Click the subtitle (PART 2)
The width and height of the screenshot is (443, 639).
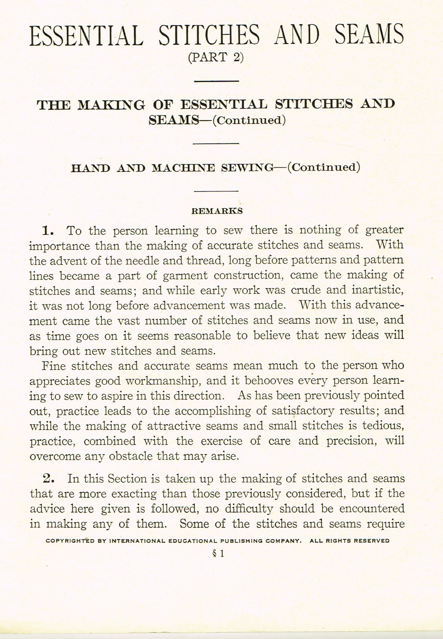[x=216, y=57]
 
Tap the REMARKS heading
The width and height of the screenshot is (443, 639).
[x=217, y=211]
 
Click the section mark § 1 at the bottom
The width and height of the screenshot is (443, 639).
[x=218, y=554]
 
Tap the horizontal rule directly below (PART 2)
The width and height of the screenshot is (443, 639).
[x=216, y=81]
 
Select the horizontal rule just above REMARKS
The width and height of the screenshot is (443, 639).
[x=216, y=191]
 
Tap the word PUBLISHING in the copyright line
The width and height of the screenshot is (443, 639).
[x=240, y=541]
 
